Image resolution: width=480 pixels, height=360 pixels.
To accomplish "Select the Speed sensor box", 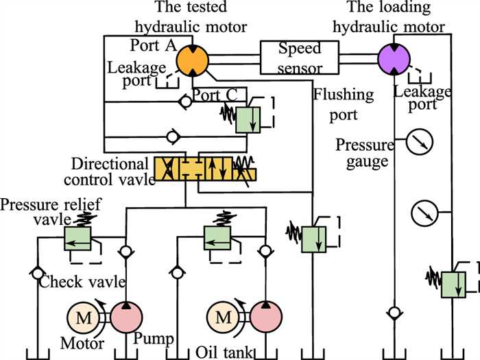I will pyautogui.click(x=300, y=58).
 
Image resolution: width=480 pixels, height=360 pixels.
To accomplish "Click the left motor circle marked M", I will pyautogui.click(x=83, y=318).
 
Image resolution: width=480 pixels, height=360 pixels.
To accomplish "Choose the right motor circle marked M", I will pyautogui.click(x=224, y=318).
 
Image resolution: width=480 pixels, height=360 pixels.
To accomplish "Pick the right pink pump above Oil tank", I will pyautogui.click(x=266, y=318).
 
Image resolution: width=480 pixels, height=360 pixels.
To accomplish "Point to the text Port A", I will pyautogui.click(x=152, y=45).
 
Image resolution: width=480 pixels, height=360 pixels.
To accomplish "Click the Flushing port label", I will pyautogui.click(x=343, y=104).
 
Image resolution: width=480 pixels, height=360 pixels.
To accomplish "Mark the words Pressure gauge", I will pyautogui.click(x=365, y=154).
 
